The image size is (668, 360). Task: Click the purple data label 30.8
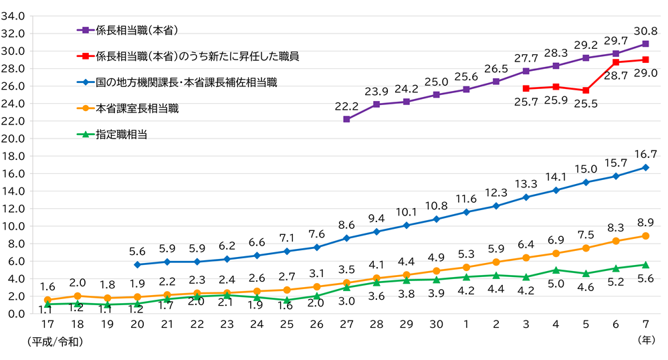645,30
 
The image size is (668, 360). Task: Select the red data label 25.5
585,104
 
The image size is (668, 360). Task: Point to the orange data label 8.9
645,223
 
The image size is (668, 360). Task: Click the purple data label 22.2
346,106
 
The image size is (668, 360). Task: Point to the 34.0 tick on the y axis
13,15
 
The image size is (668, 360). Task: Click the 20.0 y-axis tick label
13,139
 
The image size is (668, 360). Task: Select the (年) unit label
646,341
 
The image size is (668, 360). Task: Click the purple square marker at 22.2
346,119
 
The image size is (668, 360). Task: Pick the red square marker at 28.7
616,62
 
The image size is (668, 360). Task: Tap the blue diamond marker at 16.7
645,167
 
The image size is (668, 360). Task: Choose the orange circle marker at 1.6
47,300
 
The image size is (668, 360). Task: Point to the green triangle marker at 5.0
556,270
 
